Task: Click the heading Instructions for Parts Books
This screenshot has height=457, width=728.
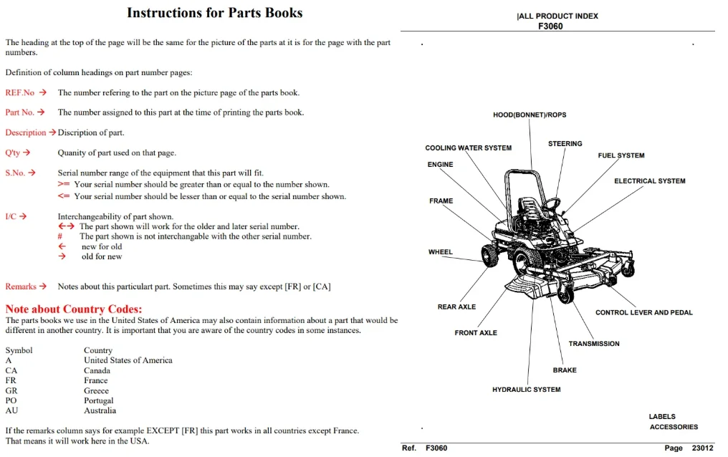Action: click(214, 13)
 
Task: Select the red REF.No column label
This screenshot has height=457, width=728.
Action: click(20, 93)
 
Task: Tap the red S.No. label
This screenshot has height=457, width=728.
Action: click(15, 173)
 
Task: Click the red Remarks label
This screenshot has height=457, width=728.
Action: click(21, 287)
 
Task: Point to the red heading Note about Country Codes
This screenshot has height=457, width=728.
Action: click(74, 309)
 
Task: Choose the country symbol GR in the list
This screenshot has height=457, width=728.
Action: click(11, 390)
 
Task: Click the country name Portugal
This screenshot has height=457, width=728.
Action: click(98, 400)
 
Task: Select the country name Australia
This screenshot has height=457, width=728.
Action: click(100, 410)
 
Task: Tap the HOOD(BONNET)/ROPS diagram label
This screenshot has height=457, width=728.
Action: click(530, 115)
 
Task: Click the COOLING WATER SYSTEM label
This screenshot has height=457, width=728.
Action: click(469, 148)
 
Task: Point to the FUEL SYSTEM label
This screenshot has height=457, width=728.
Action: click(621, 155)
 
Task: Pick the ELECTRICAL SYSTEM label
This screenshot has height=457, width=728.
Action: click(649, 181)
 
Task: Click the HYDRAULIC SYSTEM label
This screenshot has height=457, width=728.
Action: click(527, 390)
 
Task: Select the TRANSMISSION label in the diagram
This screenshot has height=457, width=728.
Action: click(594, 344)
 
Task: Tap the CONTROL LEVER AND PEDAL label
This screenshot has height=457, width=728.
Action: click(644, 313)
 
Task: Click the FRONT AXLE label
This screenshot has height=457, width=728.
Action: click(476, 332)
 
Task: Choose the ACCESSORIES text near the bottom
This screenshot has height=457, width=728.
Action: click(674, 427)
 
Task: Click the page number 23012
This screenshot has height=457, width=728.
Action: click(702, 448)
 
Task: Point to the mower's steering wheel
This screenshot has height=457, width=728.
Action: click(550, 203)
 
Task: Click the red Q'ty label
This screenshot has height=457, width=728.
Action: click(12, 153)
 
